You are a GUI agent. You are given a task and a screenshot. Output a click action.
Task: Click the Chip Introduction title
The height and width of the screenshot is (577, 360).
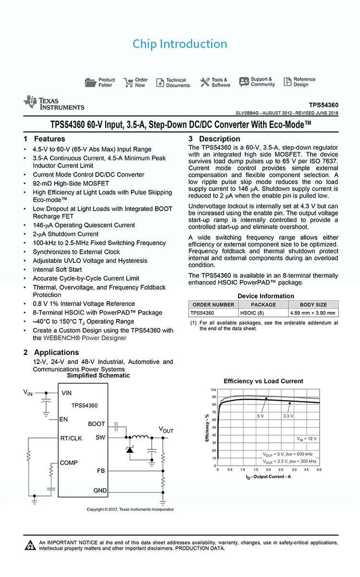[x=180, y=44]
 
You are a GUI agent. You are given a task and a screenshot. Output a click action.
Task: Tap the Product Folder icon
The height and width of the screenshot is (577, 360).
[x=90, y=82]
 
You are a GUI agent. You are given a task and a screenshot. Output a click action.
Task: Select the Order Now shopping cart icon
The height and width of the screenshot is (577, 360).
[x=128, y=82]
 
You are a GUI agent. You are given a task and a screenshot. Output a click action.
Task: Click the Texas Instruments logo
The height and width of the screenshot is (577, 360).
[x=54, y=103]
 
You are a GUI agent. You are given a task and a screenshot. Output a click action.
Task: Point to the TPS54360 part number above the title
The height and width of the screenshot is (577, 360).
[x=323, y=105]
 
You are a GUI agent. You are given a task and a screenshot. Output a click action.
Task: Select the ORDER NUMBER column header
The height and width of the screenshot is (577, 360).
[x=213, y=305]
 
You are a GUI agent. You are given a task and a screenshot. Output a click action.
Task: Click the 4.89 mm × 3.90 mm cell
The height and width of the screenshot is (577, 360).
[x=312, y=313]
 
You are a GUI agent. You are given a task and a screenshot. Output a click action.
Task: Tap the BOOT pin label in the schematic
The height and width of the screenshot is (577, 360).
[x=96, y=424]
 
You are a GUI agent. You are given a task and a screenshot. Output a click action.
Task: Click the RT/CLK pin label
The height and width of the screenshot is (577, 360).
[x=71, y=438]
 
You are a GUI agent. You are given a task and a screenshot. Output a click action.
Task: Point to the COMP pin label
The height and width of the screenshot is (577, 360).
[x=69, y=462]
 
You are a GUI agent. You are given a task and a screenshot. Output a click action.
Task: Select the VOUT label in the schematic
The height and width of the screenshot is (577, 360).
[x=166, y=429]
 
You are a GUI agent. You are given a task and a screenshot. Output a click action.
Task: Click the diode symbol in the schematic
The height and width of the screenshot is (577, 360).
[x=130, y=449]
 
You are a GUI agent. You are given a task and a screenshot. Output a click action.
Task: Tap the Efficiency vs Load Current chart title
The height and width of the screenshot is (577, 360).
[x=263, y=381]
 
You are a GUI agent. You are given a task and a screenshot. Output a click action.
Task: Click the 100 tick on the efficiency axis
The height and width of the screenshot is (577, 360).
[x=213, y=389]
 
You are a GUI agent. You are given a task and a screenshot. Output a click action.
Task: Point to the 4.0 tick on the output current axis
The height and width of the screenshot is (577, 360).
[x=319, y=470]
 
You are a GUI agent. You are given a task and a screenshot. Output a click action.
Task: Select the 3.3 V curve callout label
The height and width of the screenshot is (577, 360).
[x=288, y=416]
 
